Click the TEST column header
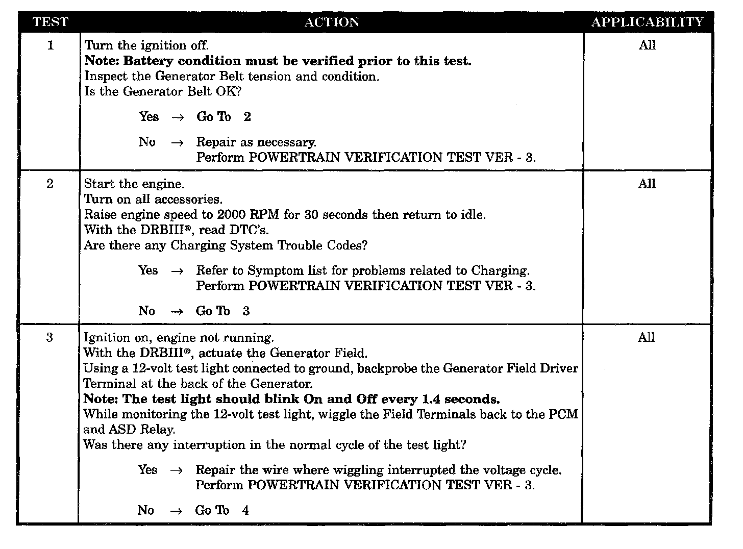50,22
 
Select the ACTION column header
332,22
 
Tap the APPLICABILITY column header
647,22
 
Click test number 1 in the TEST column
50,45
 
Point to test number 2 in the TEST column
50,184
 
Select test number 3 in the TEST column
49,337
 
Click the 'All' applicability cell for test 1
647,45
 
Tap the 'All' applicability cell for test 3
646,337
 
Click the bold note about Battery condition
278,61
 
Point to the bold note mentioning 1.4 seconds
291,399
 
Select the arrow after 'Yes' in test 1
177,117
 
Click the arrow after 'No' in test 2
177,312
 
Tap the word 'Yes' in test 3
147,470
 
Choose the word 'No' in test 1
147,142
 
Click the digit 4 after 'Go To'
245,510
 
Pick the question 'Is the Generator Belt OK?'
162,92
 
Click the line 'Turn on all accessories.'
153,199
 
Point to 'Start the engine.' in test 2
134,184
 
